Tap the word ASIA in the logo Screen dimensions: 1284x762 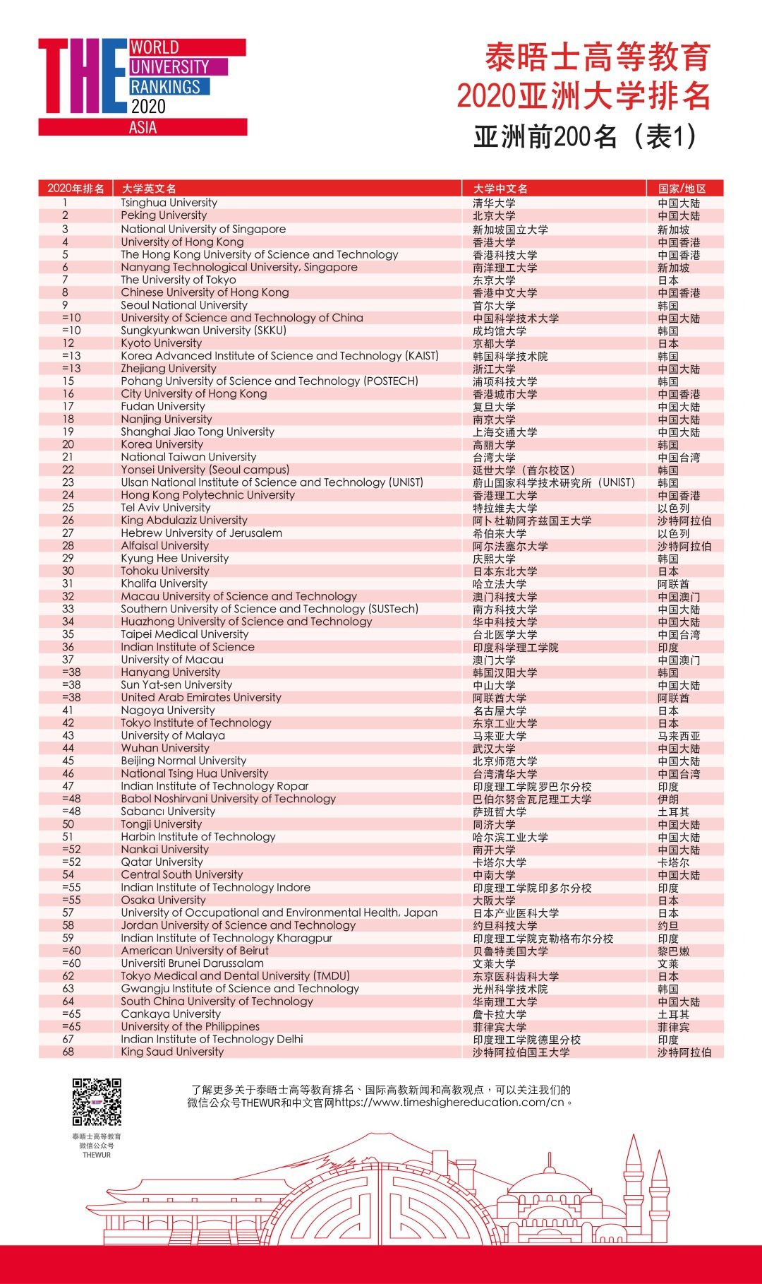coord(143,128)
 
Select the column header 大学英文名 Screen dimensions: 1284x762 coord(149,189)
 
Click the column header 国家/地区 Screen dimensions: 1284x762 coord(682,189)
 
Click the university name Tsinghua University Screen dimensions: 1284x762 coord(169,203)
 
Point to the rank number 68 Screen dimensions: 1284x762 coord(68,1052)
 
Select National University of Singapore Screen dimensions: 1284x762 coord(203,229)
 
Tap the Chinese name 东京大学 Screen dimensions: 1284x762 coord(494,280)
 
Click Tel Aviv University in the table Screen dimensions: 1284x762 coord(165,508)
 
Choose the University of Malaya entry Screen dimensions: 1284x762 coord(173,735)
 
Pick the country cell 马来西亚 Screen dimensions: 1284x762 coord(679,736)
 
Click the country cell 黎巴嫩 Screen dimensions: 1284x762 coord(673,951)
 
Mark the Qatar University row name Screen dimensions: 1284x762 coord(162,862)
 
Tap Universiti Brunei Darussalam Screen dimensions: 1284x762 coord(192,963)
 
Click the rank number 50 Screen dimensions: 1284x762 coord(68,824)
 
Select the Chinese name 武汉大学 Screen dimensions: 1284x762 coord(494,749)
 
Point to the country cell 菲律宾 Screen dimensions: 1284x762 coord(673,1027)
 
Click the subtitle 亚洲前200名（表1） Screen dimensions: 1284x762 coord(585,136)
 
